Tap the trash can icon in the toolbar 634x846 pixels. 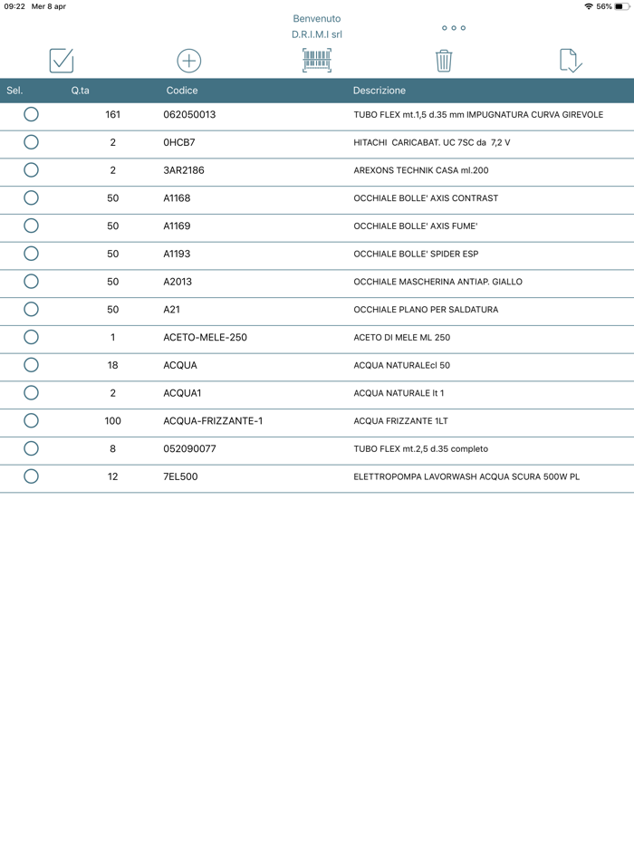click(x=443, y=61)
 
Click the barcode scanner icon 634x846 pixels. click(x=317, y=61)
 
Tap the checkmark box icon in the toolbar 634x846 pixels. click(x=62, y=61)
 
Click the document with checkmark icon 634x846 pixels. click(x=571, y=61)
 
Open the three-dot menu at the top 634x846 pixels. click(x=454, y=28)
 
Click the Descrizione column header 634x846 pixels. click(x=379, y=91)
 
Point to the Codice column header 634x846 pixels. click(x=182, y=91)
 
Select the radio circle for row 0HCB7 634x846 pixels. click(x=31, y=142)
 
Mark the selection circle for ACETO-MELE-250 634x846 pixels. click(x=31, y=337)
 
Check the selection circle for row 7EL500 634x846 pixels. click(x=31, y=476)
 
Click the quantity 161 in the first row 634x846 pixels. click(x=112, y=115)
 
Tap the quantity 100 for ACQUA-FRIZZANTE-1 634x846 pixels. click(x=112, y=420)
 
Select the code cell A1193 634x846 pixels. click(x=177, y=254)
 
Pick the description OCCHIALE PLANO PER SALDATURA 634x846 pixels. click(x=426, y=310)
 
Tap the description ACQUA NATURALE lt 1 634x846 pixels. click(x=399, y=393)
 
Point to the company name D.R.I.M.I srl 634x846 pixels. click(x=317, y=34)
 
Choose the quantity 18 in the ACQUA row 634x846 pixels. click(x=112, y=365)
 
